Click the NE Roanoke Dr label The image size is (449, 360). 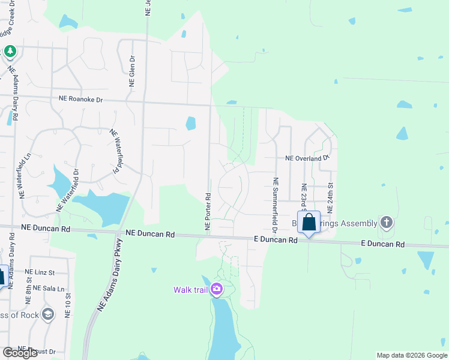coord(80,100)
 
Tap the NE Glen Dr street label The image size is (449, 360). coord(132,71)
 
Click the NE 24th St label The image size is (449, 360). coord(330,198)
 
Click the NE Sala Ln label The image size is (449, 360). coord(48,288)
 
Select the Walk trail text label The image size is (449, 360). coord(190,290)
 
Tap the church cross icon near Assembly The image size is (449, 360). coord(387,223)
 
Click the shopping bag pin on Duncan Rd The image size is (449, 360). coord(309,223)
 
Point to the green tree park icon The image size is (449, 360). coord(10,52)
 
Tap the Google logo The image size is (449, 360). coord(20,353)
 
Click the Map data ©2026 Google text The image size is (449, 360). coord(411,355)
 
